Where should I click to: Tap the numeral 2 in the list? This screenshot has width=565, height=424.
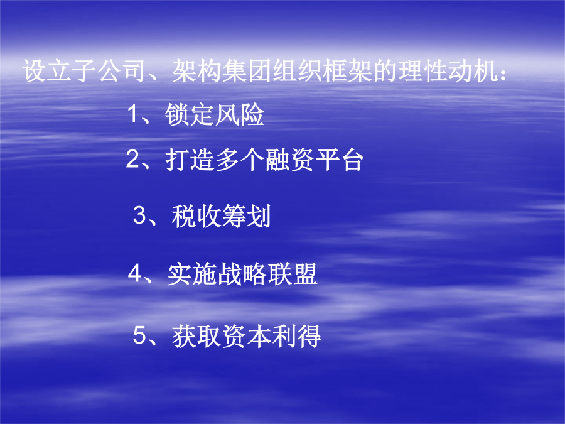(132, 159)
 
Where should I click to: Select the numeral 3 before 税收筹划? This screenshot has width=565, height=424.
(139, 215)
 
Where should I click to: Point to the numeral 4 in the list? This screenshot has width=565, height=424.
(135, 273)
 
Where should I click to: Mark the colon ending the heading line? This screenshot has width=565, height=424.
(503, 73)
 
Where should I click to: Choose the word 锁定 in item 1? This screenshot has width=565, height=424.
(190, 115)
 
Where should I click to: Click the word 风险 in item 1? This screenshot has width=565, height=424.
(240, 115)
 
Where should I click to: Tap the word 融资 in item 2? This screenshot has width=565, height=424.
(289, 160)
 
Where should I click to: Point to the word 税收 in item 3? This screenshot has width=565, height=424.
(196, 216)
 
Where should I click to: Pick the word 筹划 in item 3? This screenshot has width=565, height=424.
(246, 216)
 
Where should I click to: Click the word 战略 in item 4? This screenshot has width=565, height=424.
(242, 274)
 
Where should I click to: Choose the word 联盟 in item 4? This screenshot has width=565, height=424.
(293, 274)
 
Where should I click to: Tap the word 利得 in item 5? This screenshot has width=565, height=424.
(296, 336)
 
